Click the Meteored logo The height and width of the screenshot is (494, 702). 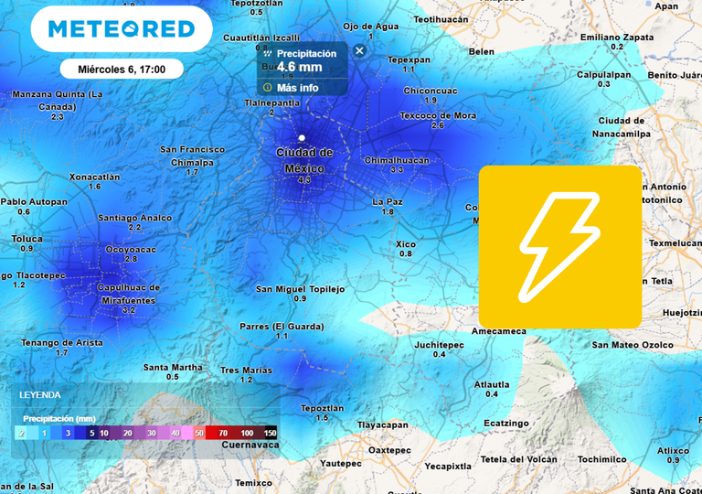click(122, 29)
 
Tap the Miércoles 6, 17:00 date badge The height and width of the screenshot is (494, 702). click(122, 69)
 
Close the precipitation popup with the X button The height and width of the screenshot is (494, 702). click(359, 51)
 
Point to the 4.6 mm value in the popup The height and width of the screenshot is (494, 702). click(299, 66)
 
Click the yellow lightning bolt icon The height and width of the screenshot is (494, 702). click(559, 246)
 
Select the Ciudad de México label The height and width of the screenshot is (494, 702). click(304, 160)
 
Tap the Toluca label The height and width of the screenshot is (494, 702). click(27, 238)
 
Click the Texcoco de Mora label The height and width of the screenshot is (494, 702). click(438, 115)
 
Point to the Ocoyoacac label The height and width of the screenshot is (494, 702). click(131, 249)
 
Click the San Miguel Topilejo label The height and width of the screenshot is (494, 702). click(300, 289)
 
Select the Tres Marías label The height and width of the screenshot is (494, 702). click(246, 370)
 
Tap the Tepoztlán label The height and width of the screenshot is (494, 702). click(322, 408)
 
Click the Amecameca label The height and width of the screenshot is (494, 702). click(498, 331)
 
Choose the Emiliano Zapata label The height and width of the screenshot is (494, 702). click(617, 37)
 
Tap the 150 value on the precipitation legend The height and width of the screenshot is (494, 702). click(271, 433)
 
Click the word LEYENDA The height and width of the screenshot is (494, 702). click(40, 395)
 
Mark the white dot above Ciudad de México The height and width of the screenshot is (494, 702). click(302, 137)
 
